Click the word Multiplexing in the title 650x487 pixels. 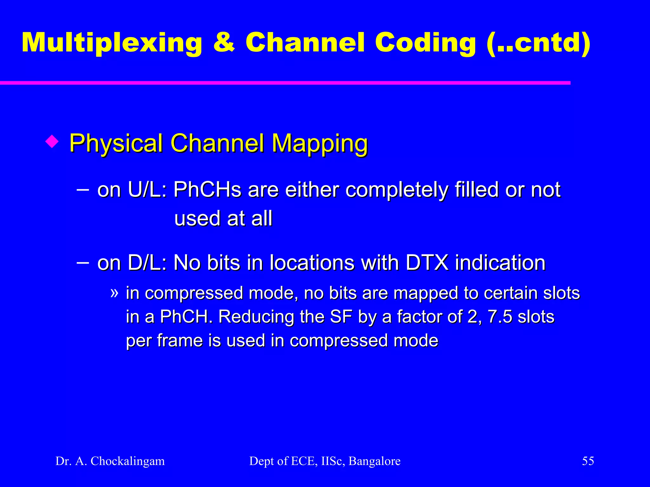click(x=112, y=43)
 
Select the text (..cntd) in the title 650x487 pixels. click(x=539, y=43)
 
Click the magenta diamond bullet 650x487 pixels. click(x=52, y=141)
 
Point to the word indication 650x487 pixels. click(x=500, y=263)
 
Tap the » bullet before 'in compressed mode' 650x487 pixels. click(x=114, y=292)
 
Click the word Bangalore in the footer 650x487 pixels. click(x=375, y=461)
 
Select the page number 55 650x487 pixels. click(x=588, y=461)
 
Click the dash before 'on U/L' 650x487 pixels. click(x=83, y=191)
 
